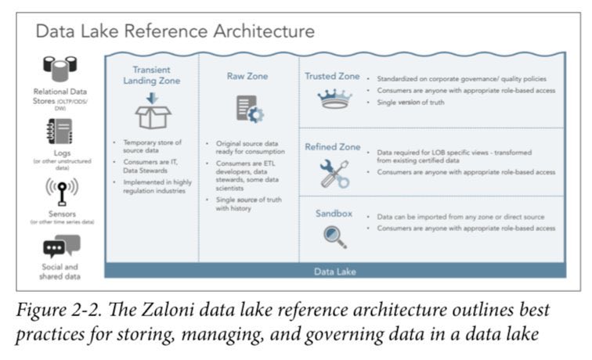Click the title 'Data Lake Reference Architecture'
click(175, 31)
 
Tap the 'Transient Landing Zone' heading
click(157, 74)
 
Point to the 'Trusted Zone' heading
click(332, 77)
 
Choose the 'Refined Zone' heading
click(332, 146)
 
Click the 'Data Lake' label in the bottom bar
click(334, 272)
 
